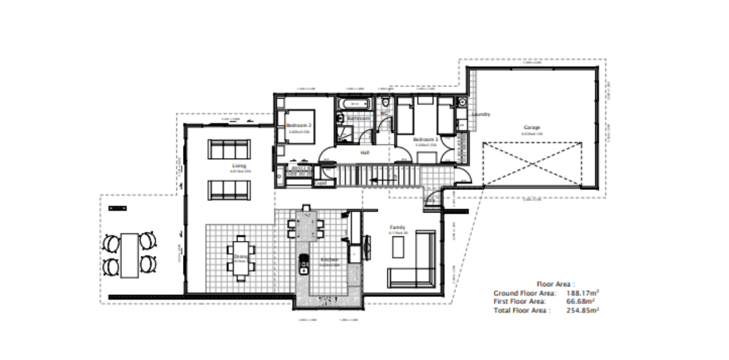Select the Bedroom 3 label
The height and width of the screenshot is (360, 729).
tap(425, 139)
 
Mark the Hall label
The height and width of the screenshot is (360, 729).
tap(365, 153)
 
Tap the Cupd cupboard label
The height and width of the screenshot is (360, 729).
tap(320, 183)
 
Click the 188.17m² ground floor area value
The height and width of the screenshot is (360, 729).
tap(582, 293)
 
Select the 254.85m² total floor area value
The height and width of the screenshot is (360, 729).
tap(582, 310)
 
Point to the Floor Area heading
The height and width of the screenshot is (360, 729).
tap(555, 285)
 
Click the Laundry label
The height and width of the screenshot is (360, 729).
tap(481, 114)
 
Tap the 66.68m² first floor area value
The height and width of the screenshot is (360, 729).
tap(580, 301)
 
